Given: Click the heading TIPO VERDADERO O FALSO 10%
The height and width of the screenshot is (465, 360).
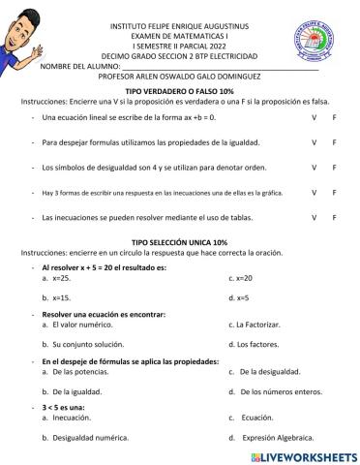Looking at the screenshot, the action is (x=179, y=90).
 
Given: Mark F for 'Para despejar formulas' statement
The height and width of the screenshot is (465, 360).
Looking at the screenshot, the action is (x=334, y=141).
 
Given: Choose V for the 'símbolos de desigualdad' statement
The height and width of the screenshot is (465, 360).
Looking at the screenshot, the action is (x=314, y=167).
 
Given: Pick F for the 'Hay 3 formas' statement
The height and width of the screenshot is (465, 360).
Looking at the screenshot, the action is (x=334, y=192).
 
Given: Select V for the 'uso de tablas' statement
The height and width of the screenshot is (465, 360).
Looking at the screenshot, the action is (x=314, y=218).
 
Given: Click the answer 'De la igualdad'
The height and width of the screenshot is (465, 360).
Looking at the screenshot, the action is (x=76, y=391).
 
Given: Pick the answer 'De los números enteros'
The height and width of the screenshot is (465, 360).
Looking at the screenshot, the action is (x=280, y=391).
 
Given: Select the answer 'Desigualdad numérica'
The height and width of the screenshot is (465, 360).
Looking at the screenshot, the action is (x=90, y=438).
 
